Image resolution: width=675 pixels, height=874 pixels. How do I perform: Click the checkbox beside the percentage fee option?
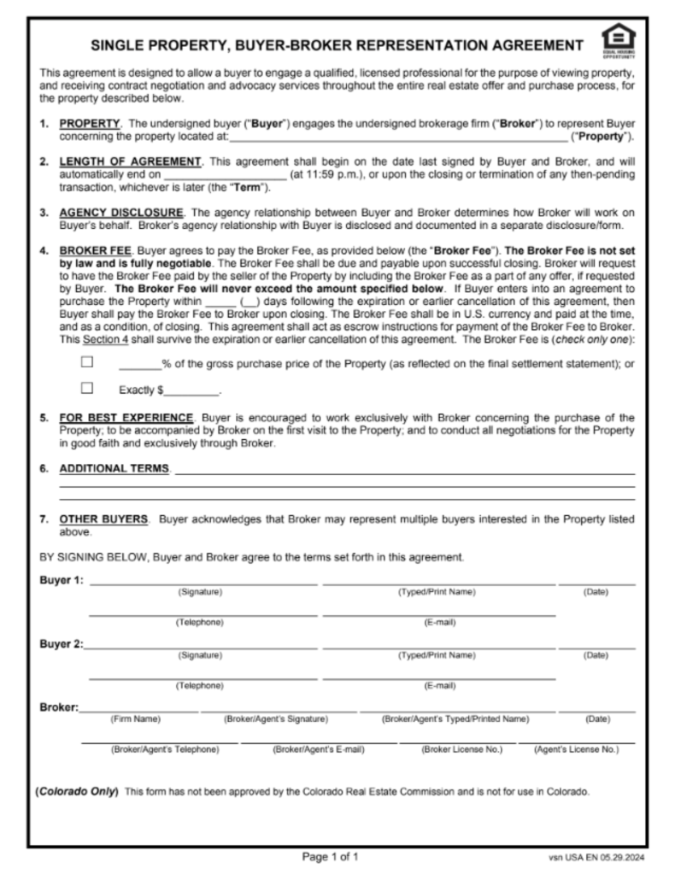[x=86, y=362]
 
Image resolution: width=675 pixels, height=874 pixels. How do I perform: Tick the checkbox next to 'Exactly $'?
[x=86, y=389]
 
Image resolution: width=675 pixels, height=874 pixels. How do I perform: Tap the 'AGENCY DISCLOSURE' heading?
[x=120, y=213]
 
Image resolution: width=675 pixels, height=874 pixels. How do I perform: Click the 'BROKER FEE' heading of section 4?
[x=95, y=252]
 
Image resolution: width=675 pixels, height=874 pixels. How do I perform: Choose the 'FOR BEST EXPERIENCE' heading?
[x=126, y=418]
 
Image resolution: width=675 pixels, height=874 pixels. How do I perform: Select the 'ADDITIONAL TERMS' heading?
[x=114, y=469]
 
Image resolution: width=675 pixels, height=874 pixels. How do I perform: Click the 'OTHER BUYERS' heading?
[x=104, y=519]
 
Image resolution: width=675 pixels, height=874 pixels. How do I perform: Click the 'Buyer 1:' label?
[x=62, y=581]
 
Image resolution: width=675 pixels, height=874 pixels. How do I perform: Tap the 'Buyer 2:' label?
[x=62, y=644]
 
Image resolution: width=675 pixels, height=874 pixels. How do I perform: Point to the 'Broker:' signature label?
[x=59, y=707]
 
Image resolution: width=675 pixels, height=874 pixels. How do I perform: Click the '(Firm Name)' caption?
[x=136, y=719]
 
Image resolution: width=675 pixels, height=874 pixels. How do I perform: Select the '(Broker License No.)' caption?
[x=462, y=750]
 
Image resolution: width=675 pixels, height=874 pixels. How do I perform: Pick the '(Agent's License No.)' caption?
[x=575, y=750]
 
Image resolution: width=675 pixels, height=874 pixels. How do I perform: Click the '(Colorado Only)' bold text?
[x=77, y=791]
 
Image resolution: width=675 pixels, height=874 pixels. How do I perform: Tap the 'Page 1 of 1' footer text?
[x=331, y=855]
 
